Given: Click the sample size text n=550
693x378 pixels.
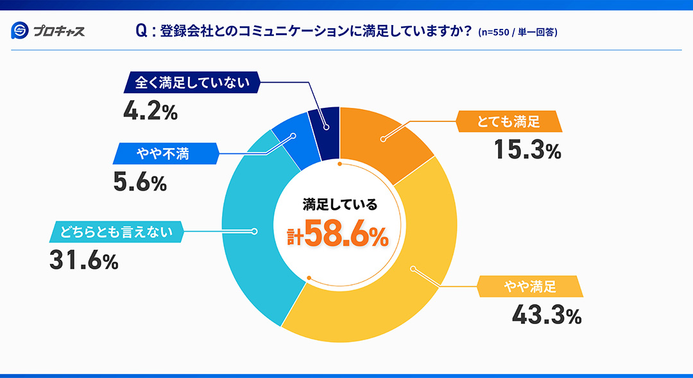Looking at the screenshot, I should (x=499, y=31).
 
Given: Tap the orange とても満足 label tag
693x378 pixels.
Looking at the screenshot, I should (x=508, y=121).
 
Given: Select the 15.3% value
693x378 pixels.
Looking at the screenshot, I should (x=527, y=150).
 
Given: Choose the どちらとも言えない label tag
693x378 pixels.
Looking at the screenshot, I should (x=117, y=232).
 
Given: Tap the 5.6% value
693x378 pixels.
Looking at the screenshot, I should (x=140, y=183).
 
